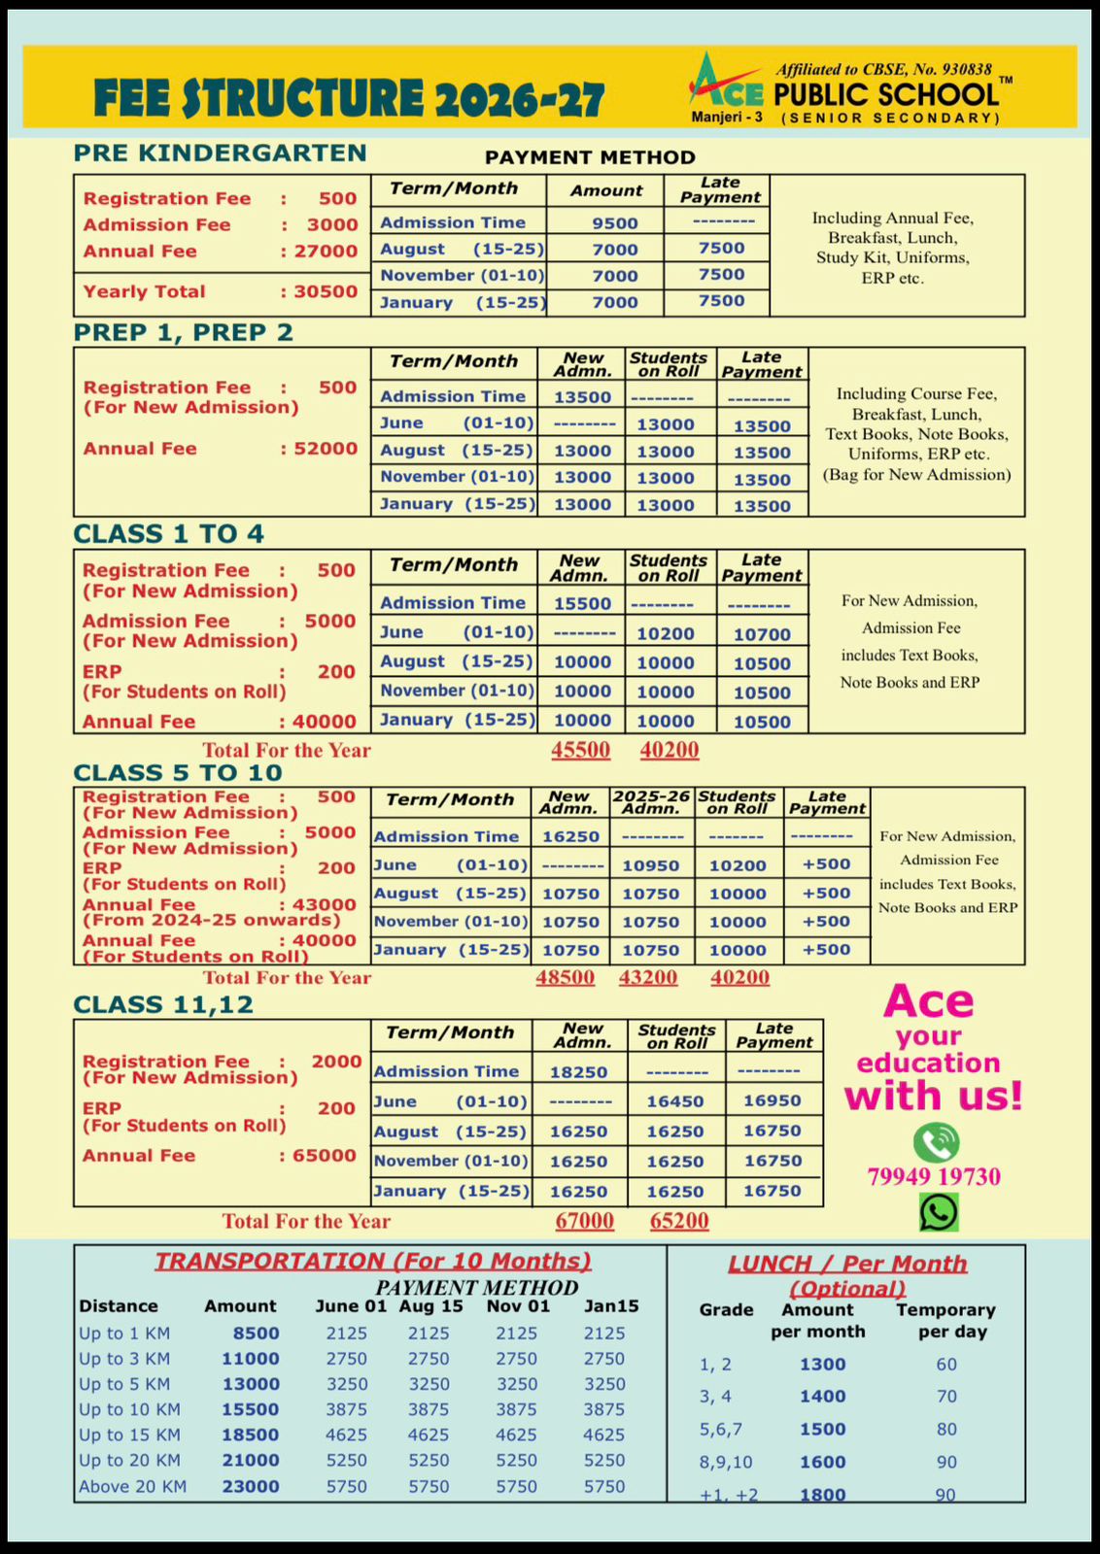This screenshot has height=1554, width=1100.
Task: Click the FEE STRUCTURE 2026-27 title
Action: click(x=350, y=99)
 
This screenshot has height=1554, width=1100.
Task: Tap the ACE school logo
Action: click(x=727, y=82)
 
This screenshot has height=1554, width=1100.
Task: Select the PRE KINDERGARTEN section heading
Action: click(x=221, y=153)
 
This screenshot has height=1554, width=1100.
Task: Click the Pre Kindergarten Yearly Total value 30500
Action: click(x=326, y=291)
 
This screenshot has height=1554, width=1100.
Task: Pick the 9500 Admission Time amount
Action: click(x=615, y=223)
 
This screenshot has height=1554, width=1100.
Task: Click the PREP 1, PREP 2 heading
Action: click(x=184, y=333)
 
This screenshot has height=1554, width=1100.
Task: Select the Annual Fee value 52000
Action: click(x=326, y=449)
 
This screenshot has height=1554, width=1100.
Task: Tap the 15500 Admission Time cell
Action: click(x=582, y=603)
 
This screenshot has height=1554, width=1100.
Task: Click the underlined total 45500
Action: click(x=581, y=750)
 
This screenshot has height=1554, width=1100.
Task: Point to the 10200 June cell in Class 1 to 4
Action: click(x=666, y=633)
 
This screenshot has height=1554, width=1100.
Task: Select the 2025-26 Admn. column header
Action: click(x=651, y=802)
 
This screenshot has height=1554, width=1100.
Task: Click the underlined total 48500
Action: click(x=566, y=977)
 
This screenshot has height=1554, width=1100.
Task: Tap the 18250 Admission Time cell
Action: click(x=578, y=1072)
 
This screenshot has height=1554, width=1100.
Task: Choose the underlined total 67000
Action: click(x=584, y=1221)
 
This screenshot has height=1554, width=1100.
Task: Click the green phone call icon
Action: click(x=936, y=1142)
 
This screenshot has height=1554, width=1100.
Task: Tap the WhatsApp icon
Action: click(x=939, y=1212)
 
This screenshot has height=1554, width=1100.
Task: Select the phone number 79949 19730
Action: click(x=934, y=1177)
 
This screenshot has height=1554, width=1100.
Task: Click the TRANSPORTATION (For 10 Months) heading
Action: click(x=373, y=1262)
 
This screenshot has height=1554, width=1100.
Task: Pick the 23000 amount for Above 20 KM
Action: click(x=251, y=1487)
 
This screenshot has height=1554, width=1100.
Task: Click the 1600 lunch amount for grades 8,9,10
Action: click(x=823, y=1462)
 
